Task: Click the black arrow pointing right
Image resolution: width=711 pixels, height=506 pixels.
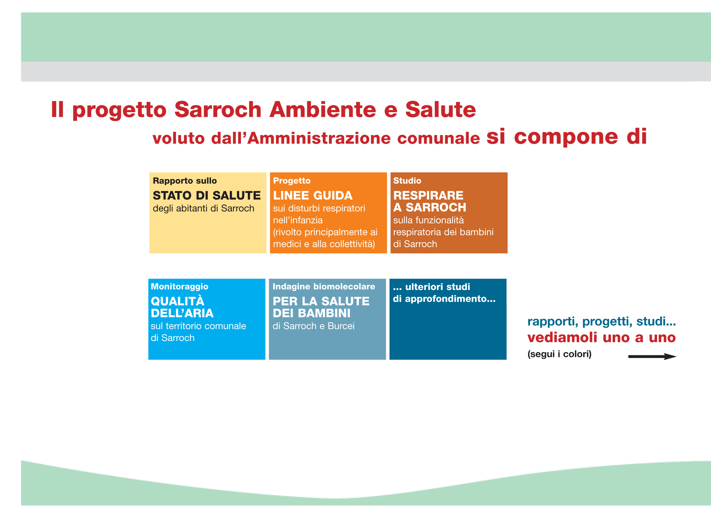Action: tap(652, 356)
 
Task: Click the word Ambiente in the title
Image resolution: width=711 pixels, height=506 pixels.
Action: tap(323, 110)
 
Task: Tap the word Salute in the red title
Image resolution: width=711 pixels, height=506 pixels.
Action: tap(441, 110)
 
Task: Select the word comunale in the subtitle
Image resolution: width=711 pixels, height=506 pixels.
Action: tap(438, 138)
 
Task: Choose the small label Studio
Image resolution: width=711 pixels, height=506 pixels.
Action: tap(407, 181)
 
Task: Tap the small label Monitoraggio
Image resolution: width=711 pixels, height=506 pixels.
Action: tap(179, 287)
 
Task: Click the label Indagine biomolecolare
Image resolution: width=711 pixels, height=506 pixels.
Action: tap(324, 287)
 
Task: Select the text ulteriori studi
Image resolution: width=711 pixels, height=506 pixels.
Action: tap(438, 287)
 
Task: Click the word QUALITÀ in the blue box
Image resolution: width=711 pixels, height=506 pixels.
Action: tap(178, 301)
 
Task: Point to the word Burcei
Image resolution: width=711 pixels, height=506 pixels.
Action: tap(341, 326)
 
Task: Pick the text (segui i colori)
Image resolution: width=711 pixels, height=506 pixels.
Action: tap(559, 354)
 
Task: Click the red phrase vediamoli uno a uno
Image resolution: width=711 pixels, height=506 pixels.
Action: tap(601, 337)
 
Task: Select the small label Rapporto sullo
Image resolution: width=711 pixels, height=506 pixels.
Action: tap(185, 181)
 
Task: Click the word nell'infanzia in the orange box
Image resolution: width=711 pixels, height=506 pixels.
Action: tap(298, 220)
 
